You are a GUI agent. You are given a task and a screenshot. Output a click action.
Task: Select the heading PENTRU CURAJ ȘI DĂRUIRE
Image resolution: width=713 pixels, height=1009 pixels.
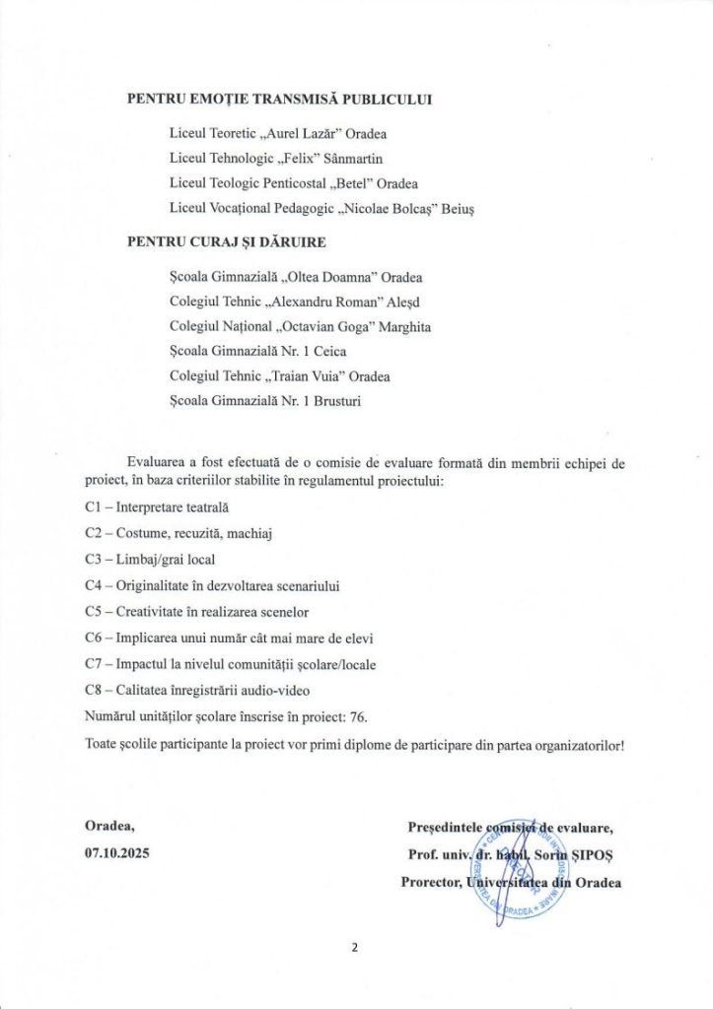click(226, 240)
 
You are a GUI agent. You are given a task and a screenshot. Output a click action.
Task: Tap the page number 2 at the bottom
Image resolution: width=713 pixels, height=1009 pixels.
click(354, 950)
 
